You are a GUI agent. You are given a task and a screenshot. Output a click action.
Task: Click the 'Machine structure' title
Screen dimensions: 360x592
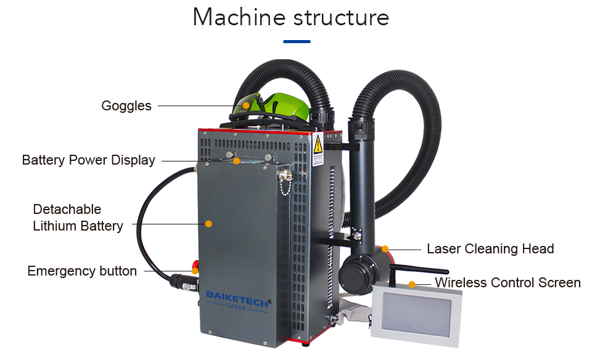[290, 17]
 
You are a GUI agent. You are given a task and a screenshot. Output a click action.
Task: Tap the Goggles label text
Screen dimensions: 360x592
[126, 105]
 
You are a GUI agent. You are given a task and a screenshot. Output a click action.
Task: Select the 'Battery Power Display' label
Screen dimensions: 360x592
[88, 160]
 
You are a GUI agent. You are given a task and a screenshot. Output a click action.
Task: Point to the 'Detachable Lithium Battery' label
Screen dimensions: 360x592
[78, 218]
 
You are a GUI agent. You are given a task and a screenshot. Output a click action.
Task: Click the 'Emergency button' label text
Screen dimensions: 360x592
[82, 271]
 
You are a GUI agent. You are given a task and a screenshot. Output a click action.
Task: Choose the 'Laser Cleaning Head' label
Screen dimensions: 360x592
[490, 249]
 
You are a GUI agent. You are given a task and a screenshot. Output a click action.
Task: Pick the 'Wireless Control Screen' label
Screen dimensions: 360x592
[508, 283]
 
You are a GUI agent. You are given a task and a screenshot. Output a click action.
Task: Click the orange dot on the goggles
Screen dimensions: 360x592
[246, 105]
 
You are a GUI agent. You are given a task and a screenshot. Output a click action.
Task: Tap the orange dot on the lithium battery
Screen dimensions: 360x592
[208, 223]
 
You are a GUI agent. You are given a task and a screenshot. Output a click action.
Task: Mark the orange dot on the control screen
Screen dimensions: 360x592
[411, 284]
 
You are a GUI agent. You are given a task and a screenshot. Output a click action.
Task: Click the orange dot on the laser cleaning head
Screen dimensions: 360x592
[385, 249]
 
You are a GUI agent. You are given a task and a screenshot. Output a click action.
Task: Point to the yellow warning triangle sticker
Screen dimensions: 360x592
[318, 145]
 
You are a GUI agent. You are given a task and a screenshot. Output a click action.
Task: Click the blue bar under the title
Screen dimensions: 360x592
[297, 42]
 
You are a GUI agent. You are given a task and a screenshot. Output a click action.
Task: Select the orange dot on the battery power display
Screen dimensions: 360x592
[236, 160]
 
